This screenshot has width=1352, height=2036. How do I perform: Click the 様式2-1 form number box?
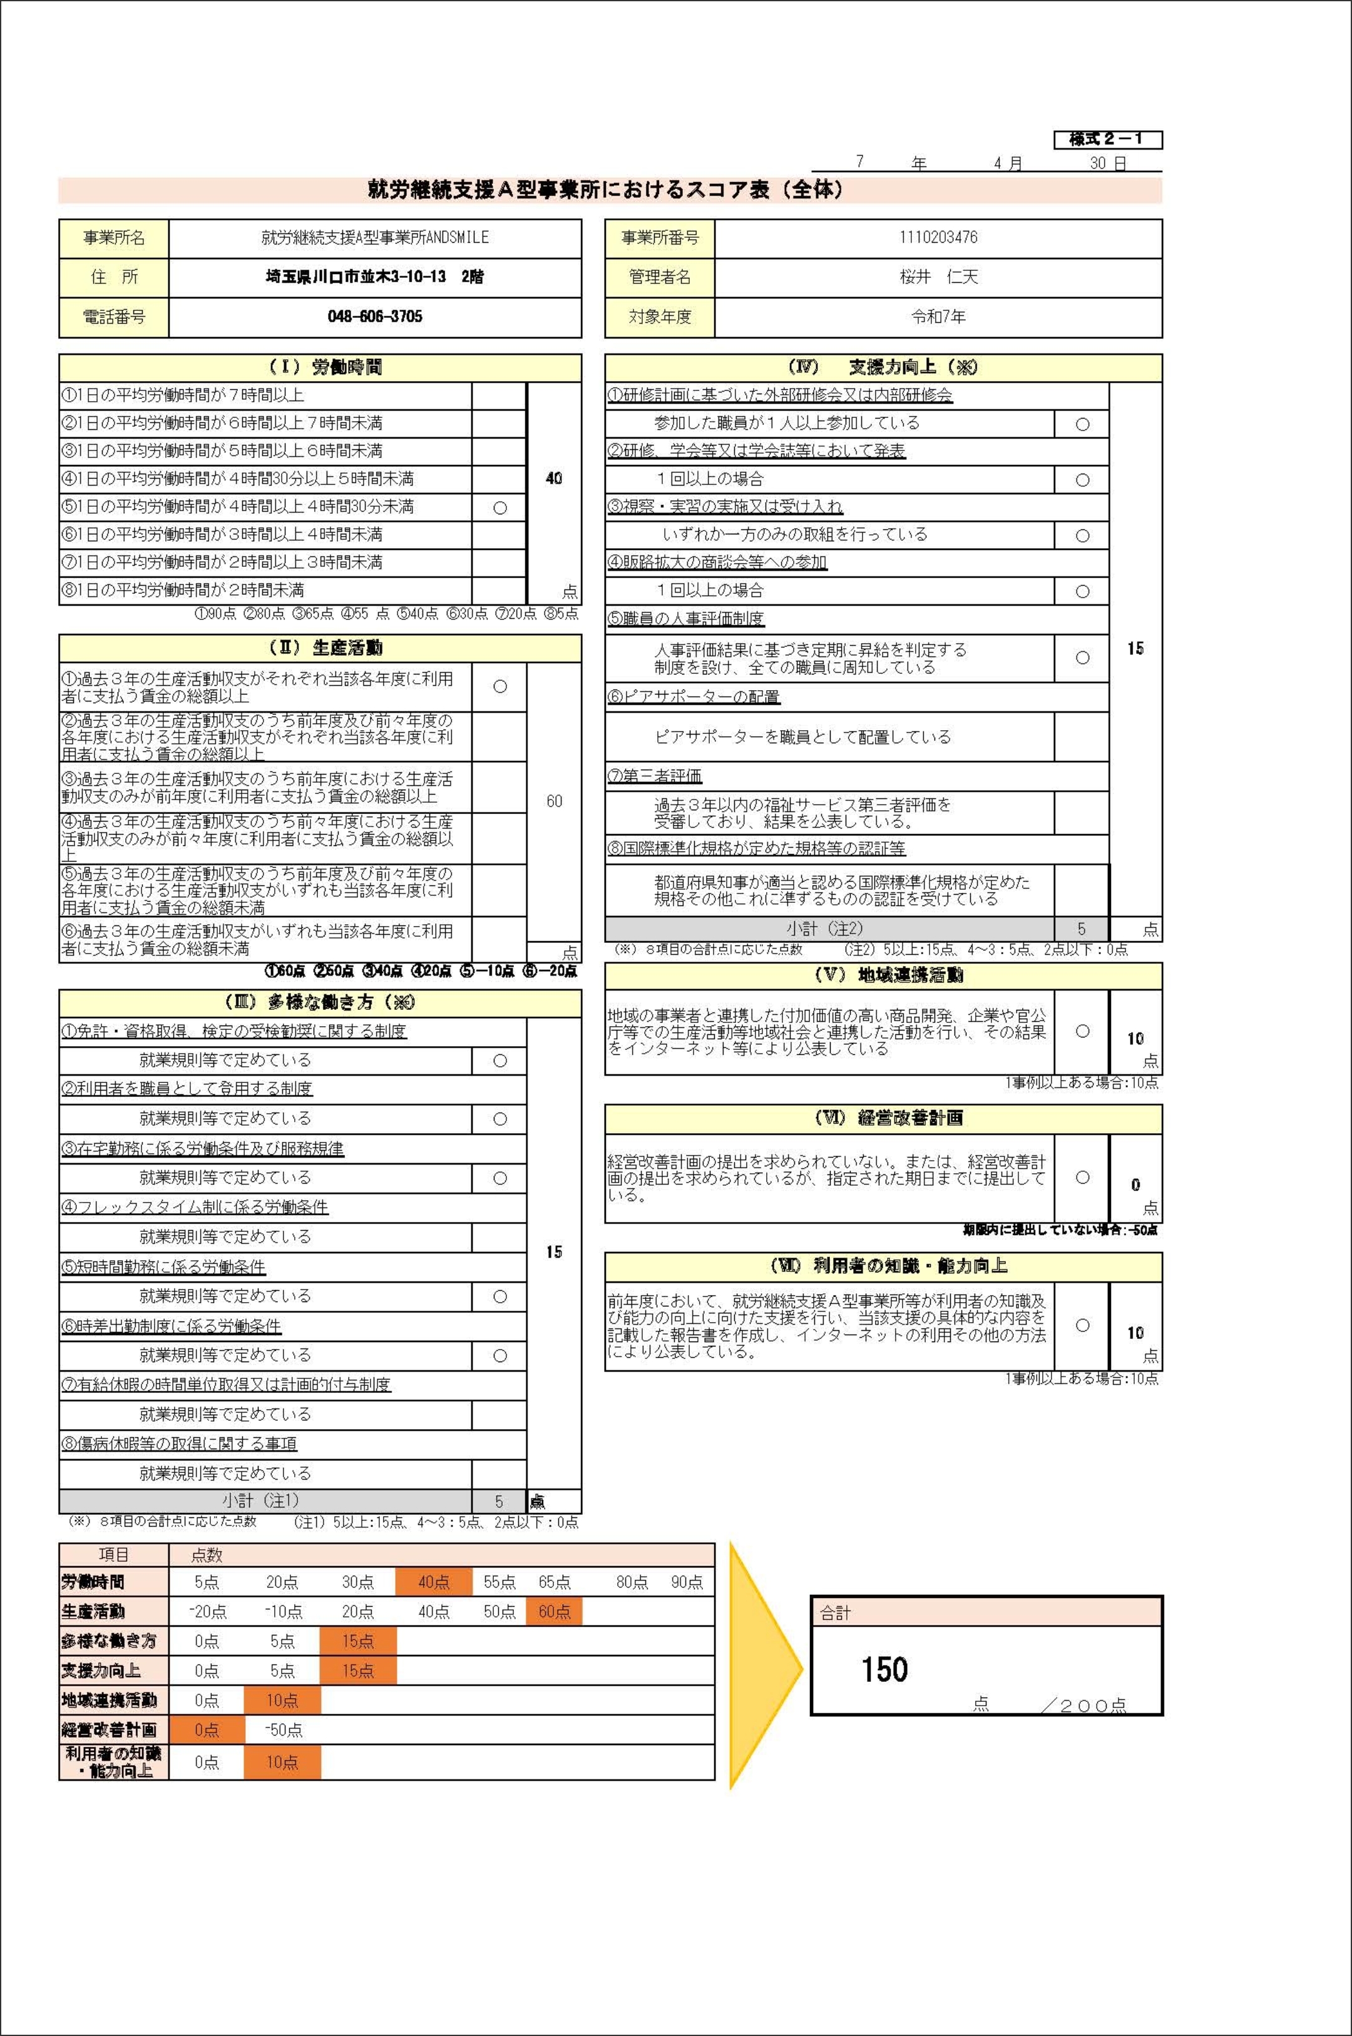[x=1107, y=140]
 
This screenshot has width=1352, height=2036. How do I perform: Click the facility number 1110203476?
[x=938, y=238]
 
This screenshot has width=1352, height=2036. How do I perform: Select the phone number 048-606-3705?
[x=375, y=317]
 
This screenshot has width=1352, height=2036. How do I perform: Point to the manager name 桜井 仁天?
[x=938, y=277]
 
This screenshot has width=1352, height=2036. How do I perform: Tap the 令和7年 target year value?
[x=938, y=317]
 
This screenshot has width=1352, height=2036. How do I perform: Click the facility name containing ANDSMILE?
[x=375, y=238]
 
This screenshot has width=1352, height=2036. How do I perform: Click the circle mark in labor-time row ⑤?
[x=499, y=507]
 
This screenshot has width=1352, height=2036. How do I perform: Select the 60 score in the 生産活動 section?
[x=553, y=801]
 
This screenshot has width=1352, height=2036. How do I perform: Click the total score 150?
[x=884, y=1670]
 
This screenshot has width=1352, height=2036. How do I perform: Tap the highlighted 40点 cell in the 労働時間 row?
[x=434, y=1582]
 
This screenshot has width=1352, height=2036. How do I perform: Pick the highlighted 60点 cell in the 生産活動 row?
[x=553, y=1611]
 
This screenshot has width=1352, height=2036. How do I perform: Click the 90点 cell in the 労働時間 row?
[x=687, y=1582]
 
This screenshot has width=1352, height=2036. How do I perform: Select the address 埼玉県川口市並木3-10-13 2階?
[x=375, y=277]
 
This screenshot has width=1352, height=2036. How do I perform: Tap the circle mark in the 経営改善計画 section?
[x=1082, y=1178]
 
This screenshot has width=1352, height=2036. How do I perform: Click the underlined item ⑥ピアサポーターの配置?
[x=694, y=696]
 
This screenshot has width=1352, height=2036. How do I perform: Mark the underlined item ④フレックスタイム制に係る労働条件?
[x=194, y=1208]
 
